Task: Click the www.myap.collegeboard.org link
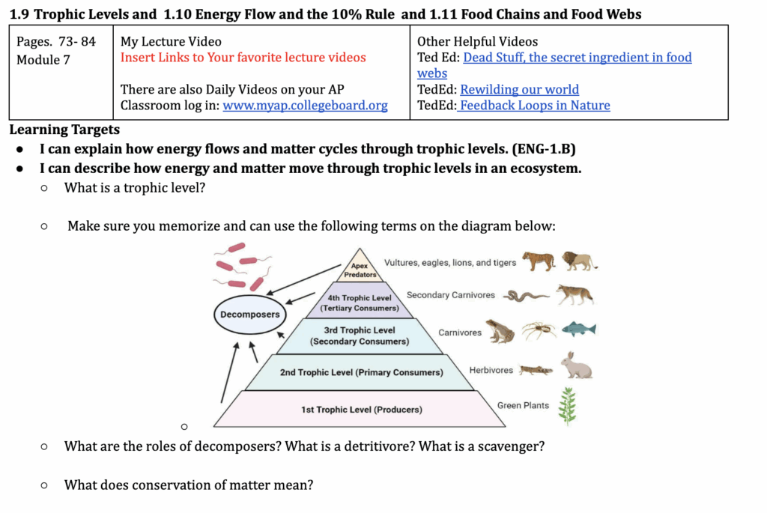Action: coord(305,106)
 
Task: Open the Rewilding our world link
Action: coord(519,90)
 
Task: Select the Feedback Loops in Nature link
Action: coord(535,106)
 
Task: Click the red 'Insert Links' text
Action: coord(243,58)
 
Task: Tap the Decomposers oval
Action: coord(249,315)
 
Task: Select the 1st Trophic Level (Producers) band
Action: coord(361,410)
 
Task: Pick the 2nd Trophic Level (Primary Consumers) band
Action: coord(361,372)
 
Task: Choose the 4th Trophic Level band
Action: coord(360,303)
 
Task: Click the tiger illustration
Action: coord(539,261)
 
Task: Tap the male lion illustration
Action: coord(579,261)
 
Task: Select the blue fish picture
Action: coord(578,329)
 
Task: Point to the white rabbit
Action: coord(577,366)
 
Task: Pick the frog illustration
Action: coord(500,330)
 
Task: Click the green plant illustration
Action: coord(569,406)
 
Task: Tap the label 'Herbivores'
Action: coord(491,370)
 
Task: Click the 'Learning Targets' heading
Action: coord(64,130)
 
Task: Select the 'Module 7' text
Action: coord(43,60)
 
